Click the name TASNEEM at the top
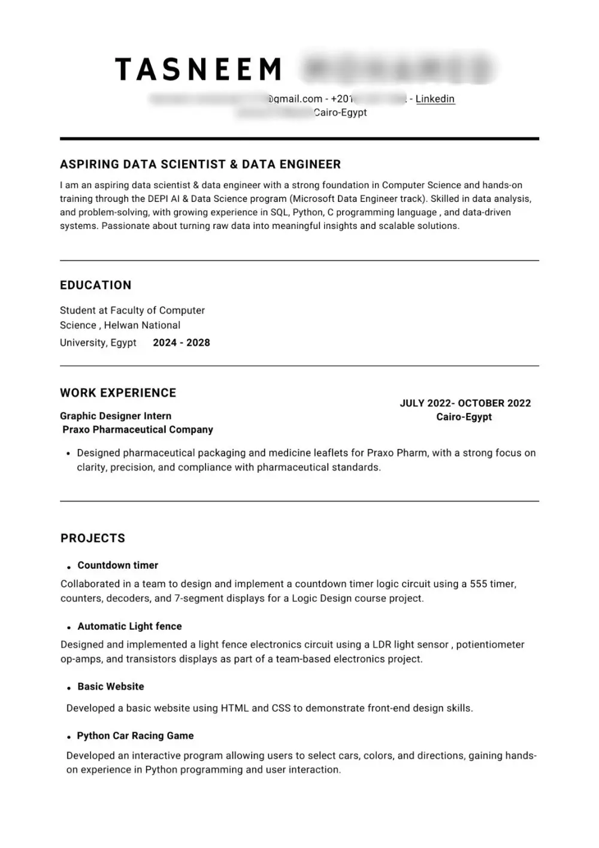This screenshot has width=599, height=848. click(x=198, y=70)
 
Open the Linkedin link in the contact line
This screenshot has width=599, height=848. click(x=435, y=99)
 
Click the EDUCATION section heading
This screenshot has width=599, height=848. click(x=95, y=285)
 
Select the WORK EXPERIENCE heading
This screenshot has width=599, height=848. click(x=118, y=393)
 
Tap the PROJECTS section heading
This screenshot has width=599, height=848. click(x=93, y=538)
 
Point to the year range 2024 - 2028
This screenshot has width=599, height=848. click(x=181, y=343)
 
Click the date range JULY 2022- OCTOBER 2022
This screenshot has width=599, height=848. click(x=465, y=403)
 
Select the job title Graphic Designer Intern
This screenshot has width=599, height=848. click(x=116, y=416)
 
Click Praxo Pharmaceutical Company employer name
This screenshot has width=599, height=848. click(x=138, y=430)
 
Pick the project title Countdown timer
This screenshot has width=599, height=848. click(x=117, y=565)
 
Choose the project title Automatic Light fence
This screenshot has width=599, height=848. click(x=129, y=626)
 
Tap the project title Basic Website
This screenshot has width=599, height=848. click(x=111, y=686)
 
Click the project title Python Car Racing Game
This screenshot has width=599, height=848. click(x=135, y=735)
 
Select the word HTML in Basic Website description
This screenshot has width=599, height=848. click(x=235, y=708)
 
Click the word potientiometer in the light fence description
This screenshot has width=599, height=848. click(x=490, y=645)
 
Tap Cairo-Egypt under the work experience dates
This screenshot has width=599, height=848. click(x=464, y=417)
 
